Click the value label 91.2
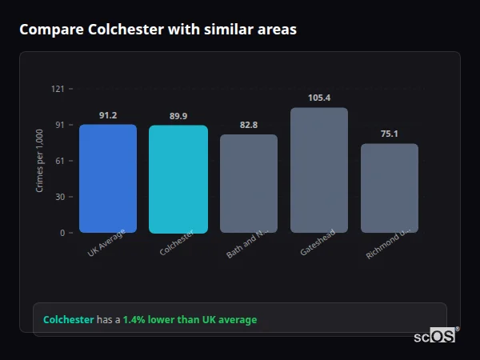(x=108, y=115)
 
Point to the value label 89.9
(x=178, y=116)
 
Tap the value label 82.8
(x=249, y=126)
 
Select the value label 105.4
(x=319, y=98)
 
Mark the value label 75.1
(x=390, y=134)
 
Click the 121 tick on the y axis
(x=58, y=89)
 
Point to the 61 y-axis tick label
(x=59, y=161)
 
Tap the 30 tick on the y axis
(x=59, y=197)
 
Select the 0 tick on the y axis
(x=62, y=233)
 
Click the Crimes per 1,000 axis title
(x=40, y=161)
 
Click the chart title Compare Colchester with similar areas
(x=158, y=30)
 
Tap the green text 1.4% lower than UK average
(x=190, y=320)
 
